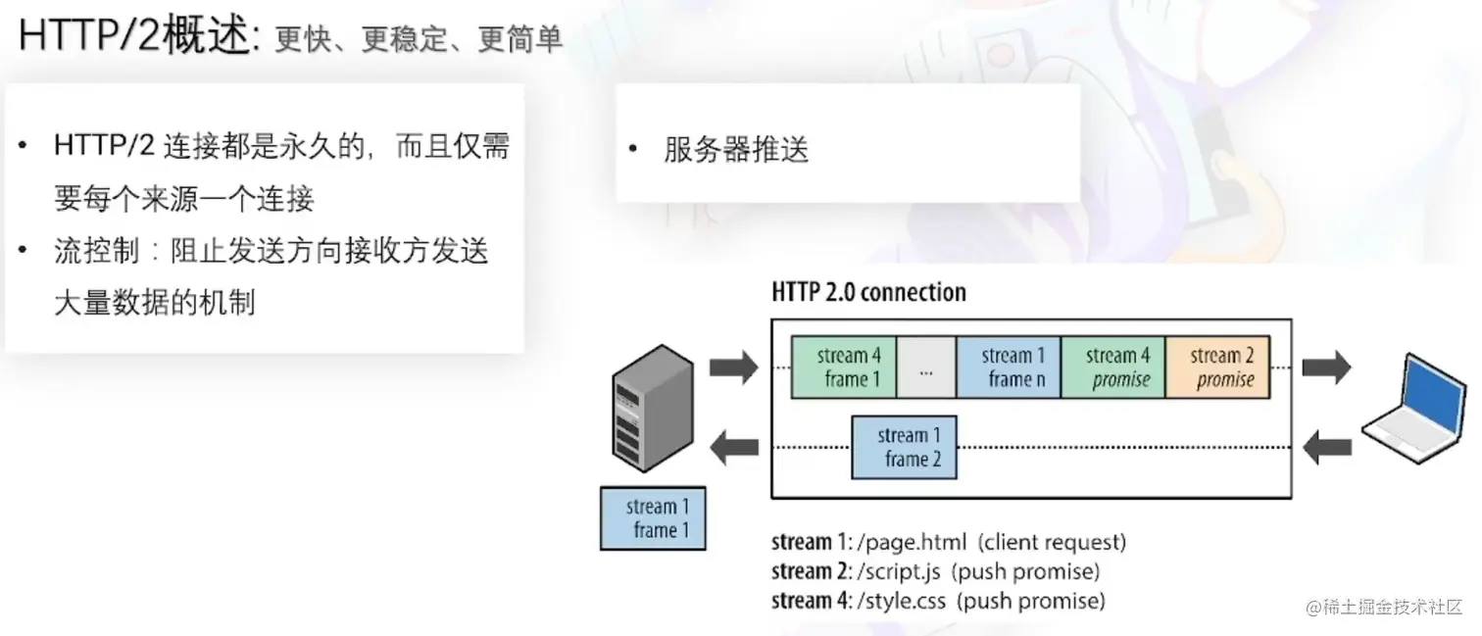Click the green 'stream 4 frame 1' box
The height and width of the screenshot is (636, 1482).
pos(844,367)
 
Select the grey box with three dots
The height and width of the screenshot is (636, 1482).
pos(926,367)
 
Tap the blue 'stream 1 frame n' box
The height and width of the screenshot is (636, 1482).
pos(1008,367)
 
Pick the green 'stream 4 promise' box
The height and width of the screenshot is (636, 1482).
pos(1112,367)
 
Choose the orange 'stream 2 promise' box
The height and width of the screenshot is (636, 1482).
pos(1217,367)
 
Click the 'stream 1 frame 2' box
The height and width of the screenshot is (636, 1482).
pos(904,448)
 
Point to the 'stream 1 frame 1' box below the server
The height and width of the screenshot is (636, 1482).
pos(653,518)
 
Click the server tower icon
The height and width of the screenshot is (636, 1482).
pos(652,407)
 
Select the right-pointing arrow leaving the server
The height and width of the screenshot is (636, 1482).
pos(733,367)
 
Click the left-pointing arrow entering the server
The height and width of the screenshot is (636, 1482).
pos(733,449)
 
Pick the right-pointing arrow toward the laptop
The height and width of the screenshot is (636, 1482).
pos(1326,367)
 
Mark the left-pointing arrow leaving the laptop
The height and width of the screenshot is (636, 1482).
pos(1328,449)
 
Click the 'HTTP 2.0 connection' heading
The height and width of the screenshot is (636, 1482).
pos(868,292)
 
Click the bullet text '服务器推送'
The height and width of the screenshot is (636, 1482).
pos(736,151)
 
